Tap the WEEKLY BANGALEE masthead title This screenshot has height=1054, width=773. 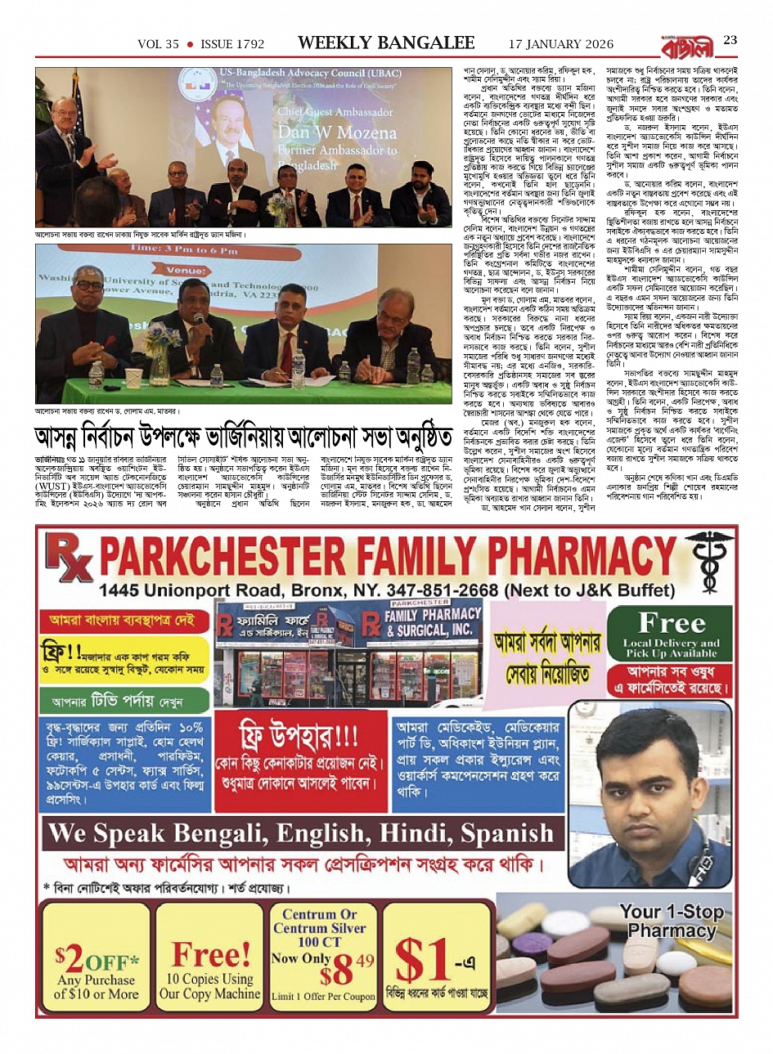[x=386, y=43]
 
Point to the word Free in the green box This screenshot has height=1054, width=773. [x=672, y=624]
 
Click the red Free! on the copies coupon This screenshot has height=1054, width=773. [x=210, y=954]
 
